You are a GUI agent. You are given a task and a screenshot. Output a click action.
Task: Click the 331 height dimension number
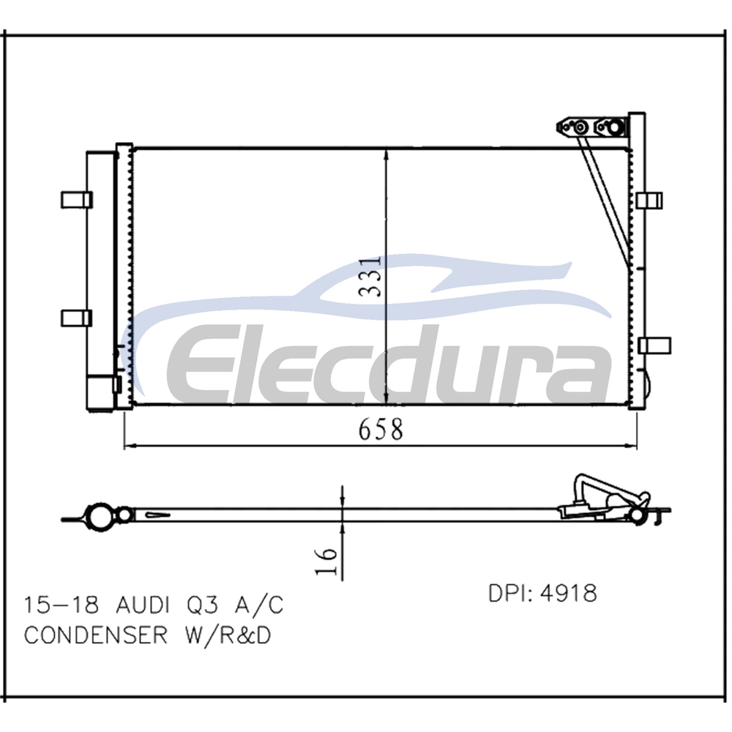370,276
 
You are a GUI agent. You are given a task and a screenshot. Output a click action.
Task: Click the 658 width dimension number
381,430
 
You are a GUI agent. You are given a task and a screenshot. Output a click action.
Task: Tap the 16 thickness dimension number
326,561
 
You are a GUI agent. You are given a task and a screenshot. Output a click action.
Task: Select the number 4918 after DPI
569,594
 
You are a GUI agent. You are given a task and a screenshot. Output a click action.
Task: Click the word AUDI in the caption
142,605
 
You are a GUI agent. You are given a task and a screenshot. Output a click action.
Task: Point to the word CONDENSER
96,635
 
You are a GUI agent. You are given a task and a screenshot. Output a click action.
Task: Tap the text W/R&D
228,635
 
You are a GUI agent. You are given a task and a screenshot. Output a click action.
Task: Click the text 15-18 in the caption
61,605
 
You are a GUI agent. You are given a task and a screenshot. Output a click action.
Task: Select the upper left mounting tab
77,200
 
